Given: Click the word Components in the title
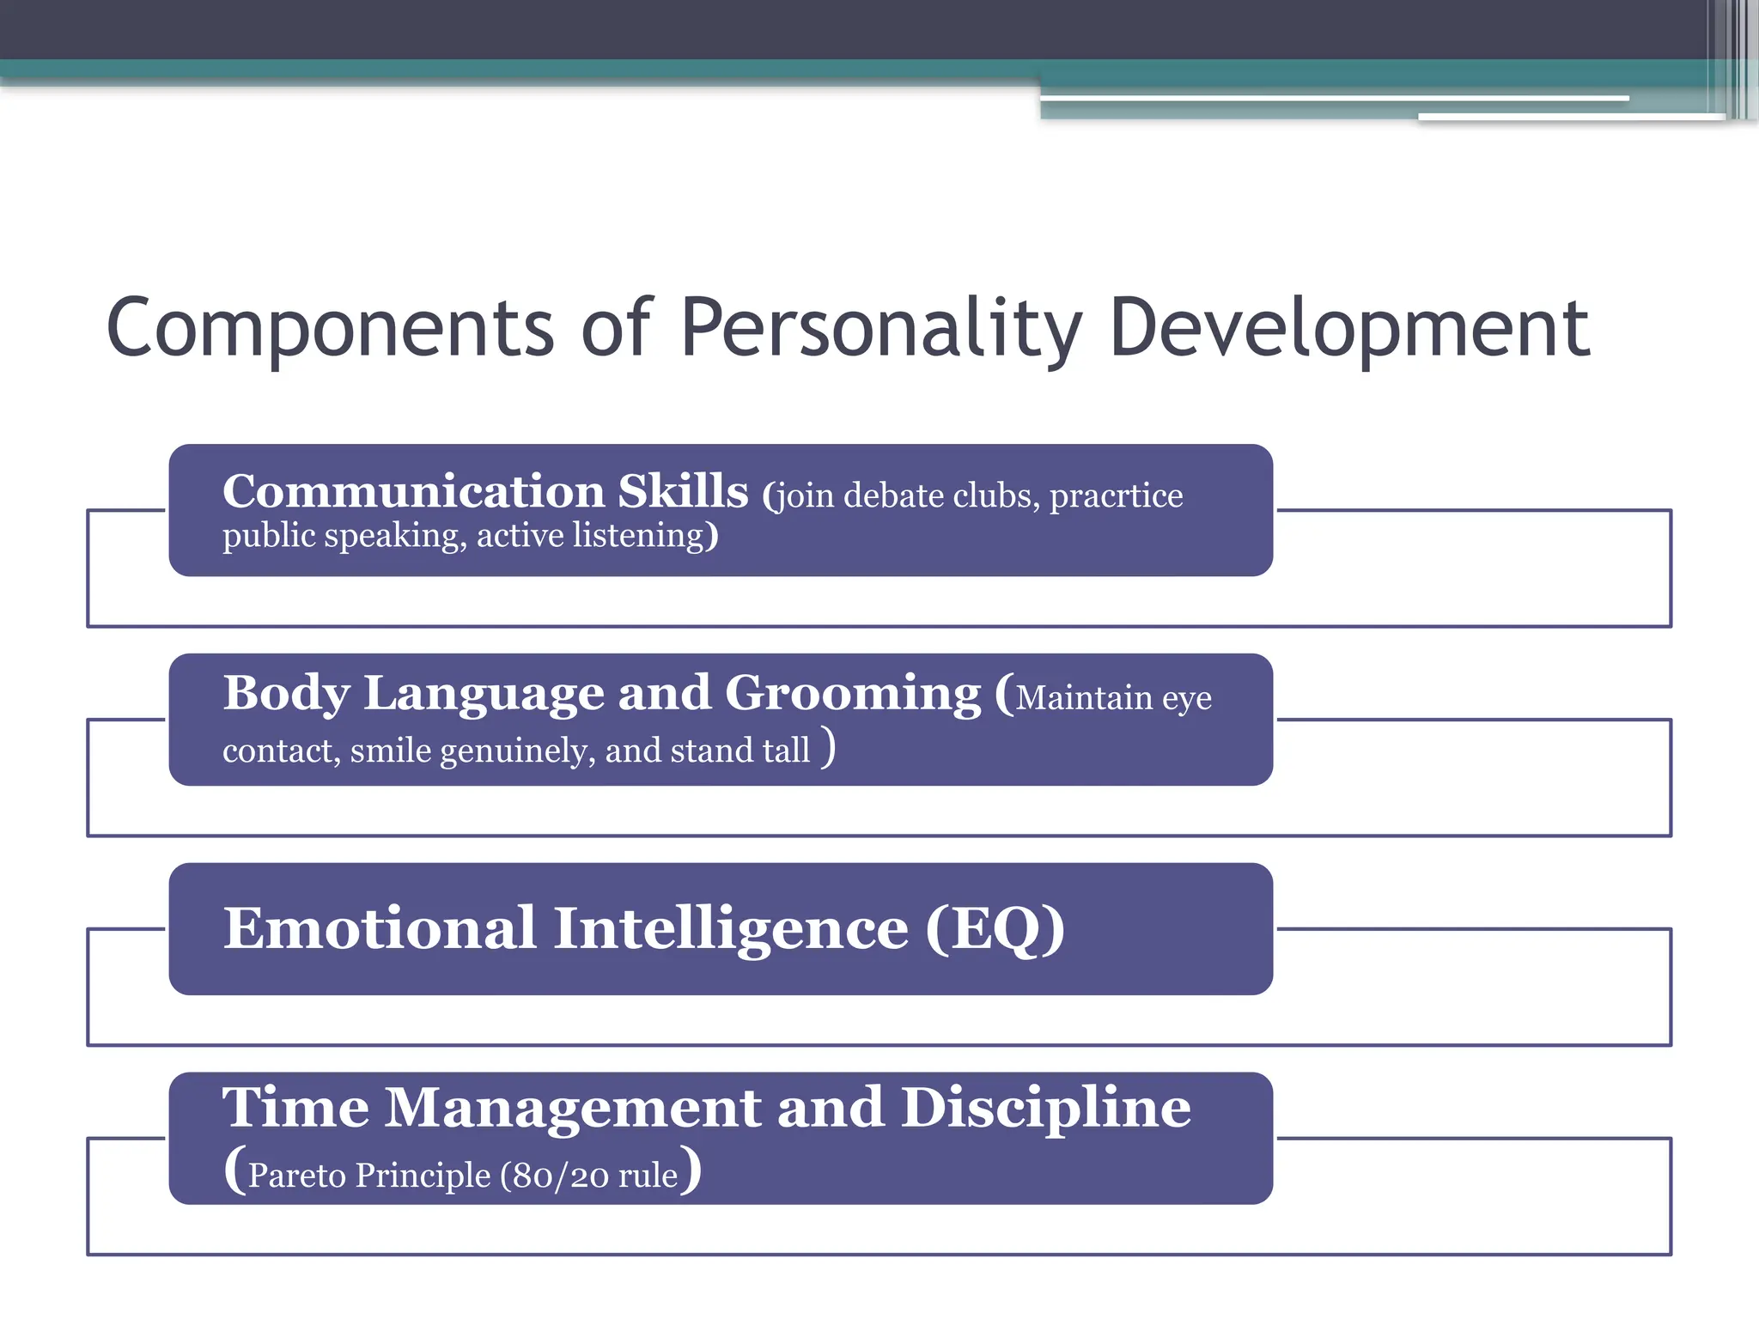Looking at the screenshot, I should point(331,329).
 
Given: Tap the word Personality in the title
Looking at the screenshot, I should point(880,329).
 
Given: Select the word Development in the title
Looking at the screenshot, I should point(1348,329).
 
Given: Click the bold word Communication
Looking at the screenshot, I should point(413,492).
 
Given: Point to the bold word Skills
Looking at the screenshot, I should point(683,492).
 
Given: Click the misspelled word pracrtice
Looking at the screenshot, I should point(1116,496).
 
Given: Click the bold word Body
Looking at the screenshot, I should point(286,693).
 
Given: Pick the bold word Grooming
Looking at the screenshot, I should point(852,693).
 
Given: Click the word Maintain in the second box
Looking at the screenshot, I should point(1084,698).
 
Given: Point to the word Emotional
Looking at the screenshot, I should point(380,928).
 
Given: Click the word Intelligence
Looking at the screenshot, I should point(730,928).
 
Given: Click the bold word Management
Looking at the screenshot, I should point(573,1108).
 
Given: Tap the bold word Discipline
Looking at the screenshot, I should point(1045,1108).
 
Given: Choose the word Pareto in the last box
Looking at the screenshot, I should point(296,1176).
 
